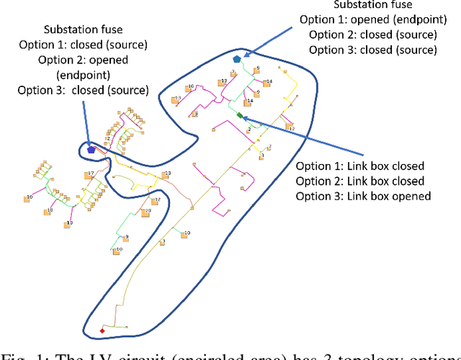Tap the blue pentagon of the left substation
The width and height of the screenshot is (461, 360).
[x=91, y=150]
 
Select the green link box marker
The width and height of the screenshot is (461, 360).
[x=239, y=114]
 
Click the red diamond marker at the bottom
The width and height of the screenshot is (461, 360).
[x=102, y=330]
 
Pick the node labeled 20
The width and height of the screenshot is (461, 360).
[x=146, y=212]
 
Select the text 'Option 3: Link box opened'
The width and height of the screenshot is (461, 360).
[x=364, y=196]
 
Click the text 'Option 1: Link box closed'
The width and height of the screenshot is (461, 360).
[x=360, y=166]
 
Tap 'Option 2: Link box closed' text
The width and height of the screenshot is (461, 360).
[x=360, y=181]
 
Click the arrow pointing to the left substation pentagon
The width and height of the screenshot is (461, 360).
[x=86, y=122]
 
